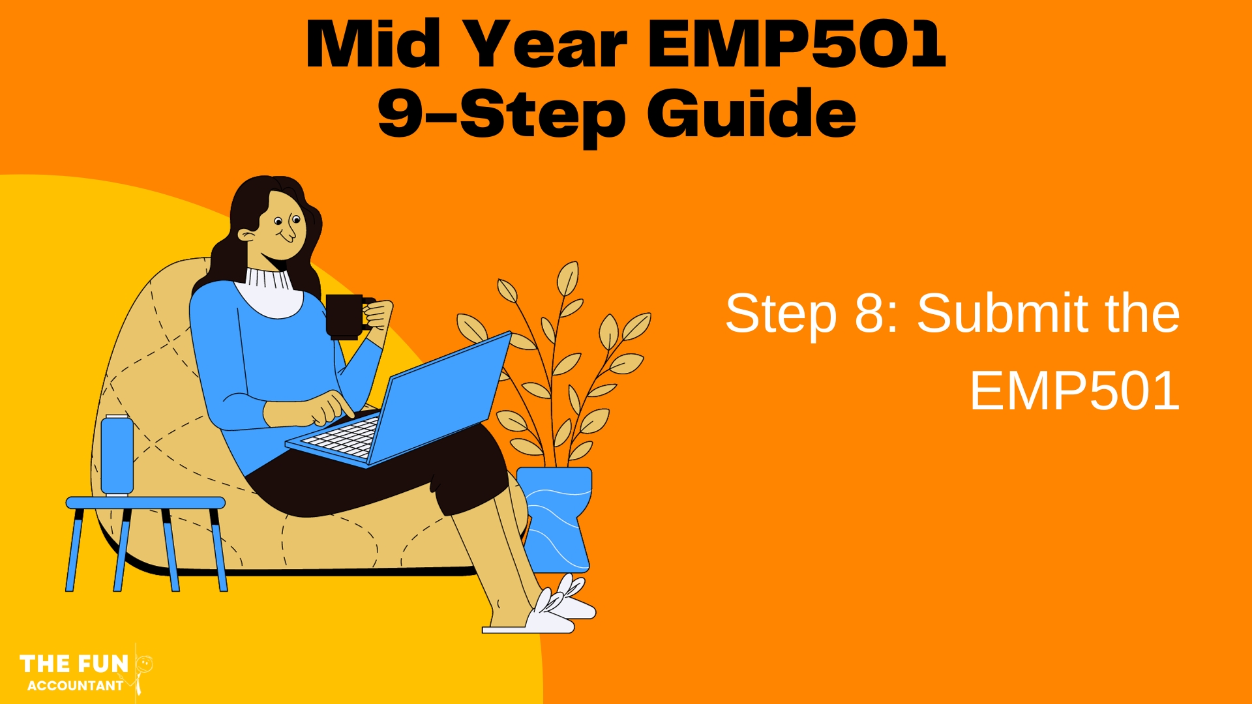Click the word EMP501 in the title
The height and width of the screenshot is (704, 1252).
[796, 44]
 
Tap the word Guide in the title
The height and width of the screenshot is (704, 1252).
[751, 113]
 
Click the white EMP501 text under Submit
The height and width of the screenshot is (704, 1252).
[1075, 391]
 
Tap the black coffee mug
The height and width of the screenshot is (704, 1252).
[348, 317]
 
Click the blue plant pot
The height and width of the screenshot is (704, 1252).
[556, 518]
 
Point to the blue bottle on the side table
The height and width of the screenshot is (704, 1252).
[117, 455]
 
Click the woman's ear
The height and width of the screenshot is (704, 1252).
[246, 234]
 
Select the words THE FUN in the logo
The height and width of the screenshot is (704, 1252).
[74, 664]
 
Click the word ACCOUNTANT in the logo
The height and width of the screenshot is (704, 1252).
[75, 686]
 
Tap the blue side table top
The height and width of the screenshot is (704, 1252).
[145, 503]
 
